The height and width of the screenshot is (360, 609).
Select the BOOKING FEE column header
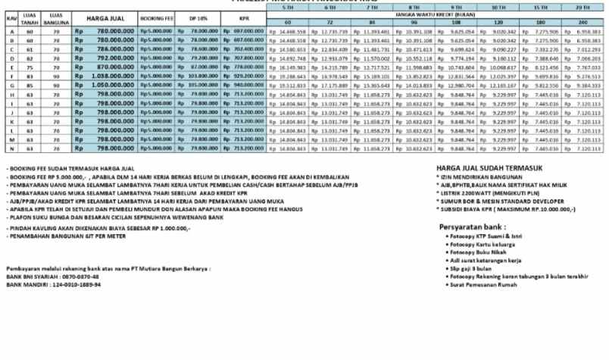[156, 17]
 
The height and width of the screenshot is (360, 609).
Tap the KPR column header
[243, 17]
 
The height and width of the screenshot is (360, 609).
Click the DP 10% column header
[198, 17]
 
